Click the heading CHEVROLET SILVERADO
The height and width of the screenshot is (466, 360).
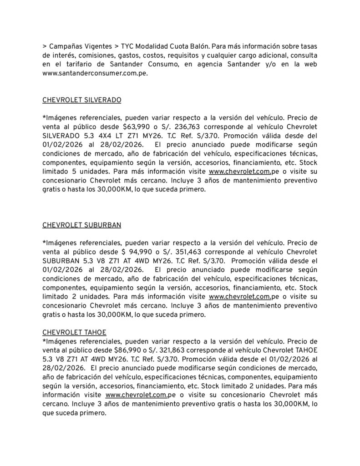tap(81, 100)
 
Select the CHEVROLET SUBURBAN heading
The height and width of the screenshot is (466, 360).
tap(81, 224)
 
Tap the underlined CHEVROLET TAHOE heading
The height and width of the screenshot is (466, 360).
tap(74, 333)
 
